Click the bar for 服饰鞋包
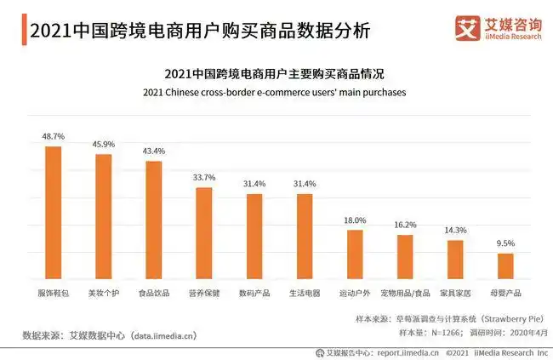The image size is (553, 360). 53,213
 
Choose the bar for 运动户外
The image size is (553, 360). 355,254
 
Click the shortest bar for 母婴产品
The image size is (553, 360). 505,266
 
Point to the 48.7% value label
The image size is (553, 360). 53,136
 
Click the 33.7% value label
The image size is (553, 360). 204,177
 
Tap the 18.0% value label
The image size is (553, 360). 355,220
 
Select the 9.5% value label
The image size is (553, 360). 505,243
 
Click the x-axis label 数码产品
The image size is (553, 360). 254,293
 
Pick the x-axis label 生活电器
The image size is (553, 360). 305,293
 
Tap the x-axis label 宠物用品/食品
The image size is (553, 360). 405,293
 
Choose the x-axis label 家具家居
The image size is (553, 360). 455,293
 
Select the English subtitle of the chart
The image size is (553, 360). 275,91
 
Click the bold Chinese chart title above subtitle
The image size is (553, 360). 275,73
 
